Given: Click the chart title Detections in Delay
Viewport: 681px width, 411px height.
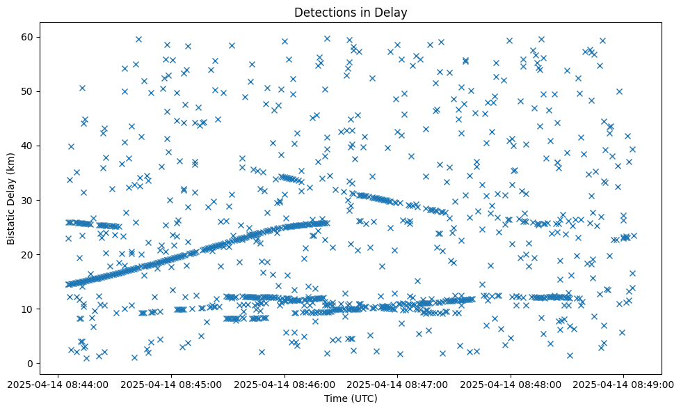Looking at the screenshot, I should (351, 12).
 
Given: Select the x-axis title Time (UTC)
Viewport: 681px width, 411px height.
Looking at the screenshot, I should (351, 398).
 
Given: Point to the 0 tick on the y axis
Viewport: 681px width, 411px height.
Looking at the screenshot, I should (30, 364).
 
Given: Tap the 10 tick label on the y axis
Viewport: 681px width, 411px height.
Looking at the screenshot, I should (27, 309).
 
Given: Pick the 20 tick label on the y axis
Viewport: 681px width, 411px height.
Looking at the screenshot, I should (27, 255).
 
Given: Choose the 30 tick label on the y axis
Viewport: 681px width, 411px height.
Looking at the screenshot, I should (27, 201).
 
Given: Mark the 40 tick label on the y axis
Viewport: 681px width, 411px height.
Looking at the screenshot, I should (27, 146).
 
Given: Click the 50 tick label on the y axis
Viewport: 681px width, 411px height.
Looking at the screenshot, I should (27, 91).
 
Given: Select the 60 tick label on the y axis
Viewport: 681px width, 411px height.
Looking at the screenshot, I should (27, 37).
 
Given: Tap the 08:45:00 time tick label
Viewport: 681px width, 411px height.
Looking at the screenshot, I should (172, 383).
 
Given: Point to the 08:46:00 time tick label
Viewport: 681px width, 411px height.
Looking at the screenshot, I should (285, 383).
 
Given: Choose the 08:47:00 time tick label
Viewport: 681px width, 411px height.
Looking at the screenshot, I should (397, 383).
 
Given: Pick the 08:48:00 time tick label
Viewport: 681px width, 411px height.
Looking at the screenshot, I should (511, 383).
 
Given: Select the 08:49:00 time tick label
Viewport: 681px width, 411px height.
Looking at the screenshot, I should (623, 383).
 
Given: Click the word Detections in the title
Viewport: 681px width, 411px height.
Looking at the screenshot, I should (323, 12).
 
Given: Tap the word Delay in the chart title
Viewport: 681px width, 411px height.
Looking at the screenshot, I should (392, 12).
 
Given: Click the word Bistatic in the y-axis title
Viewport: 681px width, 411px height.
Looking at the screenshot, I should (12, 222).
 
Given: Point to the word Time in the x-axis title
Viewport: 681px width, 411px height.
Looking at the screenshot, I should (335, 398).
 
